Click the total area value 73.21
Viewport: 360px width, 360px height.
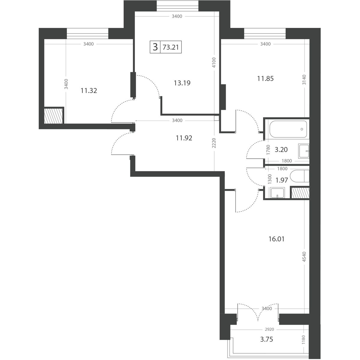pos(171,47)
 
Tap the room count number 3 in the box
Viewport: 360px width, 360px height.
pos(155,47)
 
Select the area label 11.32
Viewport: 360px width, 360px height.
pos(89,91)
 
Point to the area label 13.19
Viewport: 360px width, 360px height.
pos(182,83)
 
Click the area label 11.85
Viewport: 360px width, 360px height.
pos(265,79)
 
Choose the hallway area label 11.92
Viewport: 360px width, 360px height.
pos(184,138)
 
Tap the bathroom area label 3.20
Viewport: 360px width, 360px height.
pos(281,150)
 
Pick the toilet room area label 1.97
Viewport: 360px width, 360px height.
pos(282,180)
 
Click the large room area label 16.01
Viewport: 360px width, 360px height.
pos(276,239)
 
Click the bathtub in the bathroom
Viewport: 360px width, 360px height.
pos(288,129)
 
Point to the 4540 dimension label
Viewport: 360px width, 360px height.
pos(304,257)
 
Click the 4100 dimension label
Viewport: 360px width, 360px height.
pos(214,63)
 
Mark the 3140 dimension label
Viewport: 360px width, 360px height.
pos(304,80)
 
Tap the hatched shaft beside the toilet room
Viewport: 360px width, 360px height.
pos(300,193)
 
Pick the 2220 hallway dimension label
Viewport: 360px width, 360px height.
pos(214,143)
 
